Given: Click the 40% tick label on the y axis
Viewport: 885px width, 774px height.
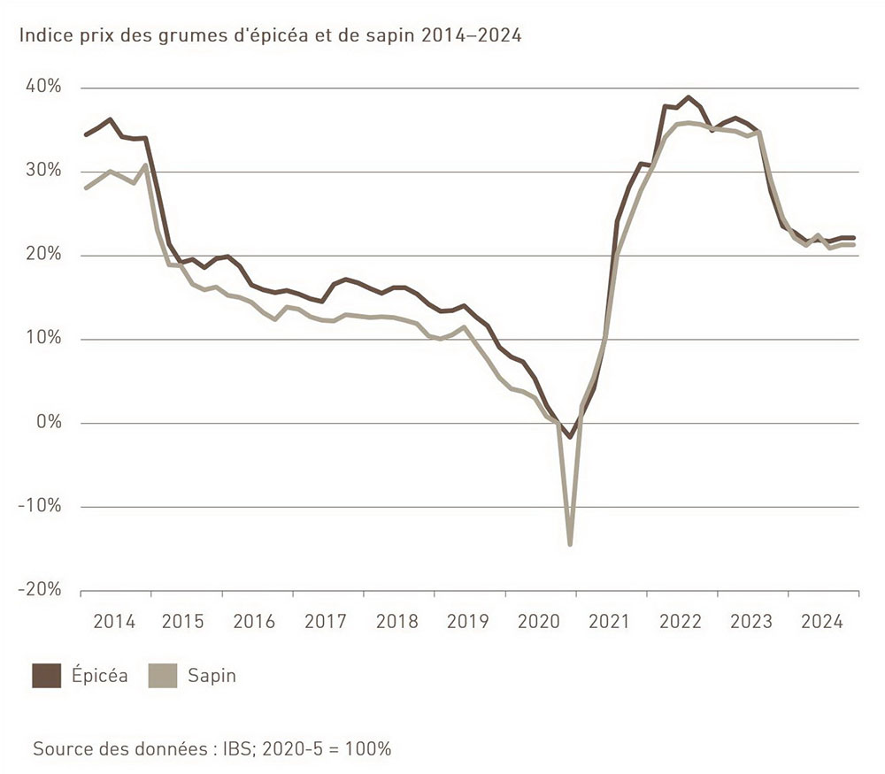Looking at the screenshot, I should (x=43, y=87).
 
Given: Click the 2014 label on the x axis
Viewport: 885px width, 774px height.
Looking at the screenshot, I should (x=114, y=621).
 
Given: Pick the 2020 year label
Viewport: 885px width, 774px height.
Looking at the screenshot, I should (x=540, y=621).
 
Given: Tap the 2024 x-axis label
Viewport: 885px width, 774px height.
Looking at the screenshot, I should (x=823, y=621).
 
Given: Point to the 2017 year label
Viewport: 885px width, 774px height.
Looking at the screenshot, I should (x=327, y=621).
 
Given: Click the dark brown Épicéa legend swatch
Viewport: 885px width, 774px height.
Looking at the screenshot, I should (x=46, y=676).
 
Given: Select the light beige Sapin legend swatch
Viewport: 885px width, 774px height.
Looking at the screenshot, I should (x=162, y=676).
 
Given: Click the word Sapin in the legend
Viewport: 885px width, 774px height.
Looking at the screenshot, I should (x=212, y=677).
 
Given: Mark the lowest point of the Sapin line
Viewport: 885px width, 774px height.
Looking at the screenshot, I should (x=570, y=544).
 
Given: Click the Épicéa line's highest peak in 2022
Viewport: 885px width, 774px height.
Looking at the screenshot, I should (x=689, y=97).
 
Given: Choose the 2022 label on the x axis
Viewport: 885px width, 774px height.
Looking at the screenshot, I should (x=681, y=621).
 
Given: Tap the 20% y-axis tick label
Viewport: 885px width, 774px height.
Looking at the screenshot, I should (x=43, y=255).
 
